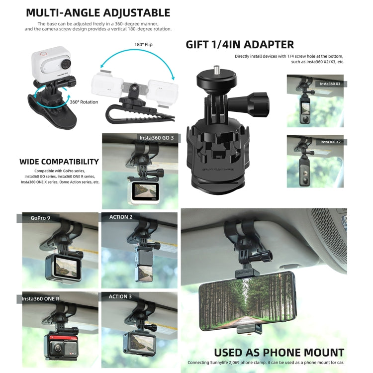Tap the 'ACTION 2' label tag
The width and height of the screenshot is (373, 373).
tap(121, 217)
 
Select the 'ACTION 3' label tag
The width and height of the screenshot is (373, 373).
tap(121, 296)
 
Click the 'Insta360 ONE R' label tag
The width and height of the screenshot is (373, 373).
tap(42, 298)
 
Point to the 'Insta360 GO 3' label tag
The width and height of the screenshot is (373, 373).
tap(156, 137)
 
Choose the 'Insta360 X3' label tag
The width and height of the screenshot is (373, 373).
tap(330, 84)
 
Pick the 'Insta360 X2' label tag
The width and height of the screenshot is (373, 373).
tap(330, 142)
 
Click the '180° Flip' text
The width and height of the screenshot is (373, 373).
tap(142, 44)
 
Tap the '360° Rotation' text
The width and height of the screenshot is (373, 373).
tap(84, 102)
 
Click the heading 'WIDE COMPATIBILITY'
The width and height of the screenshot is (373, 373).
tap(59, 162)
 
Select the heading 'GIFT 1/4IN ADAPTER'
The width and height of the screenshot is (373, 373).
tap(240, 44)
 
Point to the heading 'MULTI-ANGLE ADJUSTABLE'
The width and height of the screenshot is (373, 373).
tap(98, 13)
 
